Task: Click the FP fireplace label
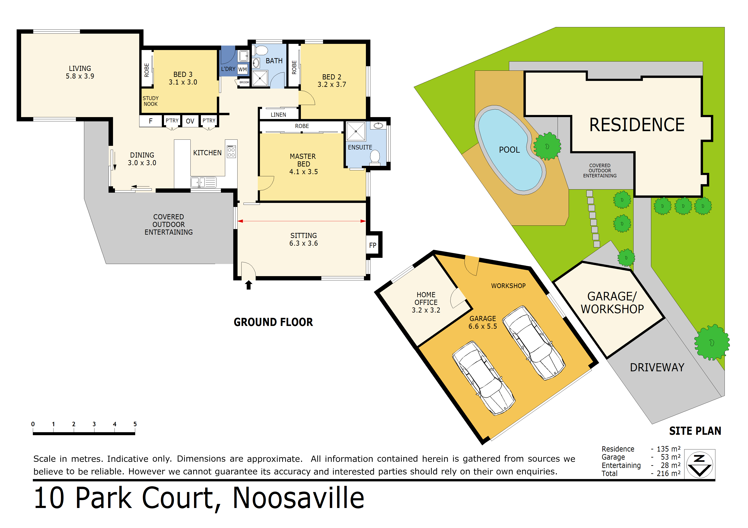(373, 245)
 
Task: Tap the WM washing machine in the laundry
(242, 69)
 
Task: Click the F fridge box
(151, 121)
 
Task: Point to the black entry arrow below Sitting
(249, 285)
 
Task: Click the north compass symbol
(699, 464)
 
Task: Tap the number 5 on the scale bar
(135, 424)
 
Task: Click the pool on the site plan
(510, 150)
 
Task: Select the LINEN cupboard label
(278, 115)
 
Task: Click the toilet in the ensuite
(375, 157)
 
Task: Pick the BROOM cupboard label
(244, 82)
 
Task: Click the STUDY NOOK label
(151, 101)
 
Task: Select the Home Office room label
(426, 302)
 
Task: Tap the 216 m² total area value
(668, 473)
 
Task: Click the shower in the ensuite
(356, 131)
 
